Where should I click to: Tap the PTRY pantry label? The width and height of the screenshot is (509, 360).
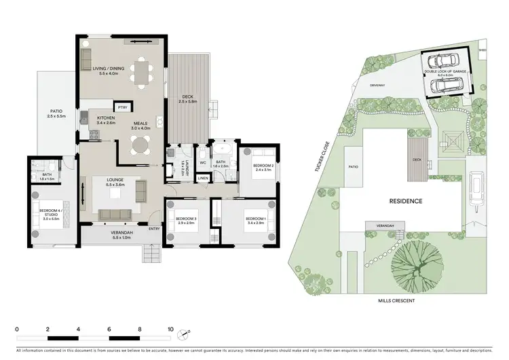tap(123, 107)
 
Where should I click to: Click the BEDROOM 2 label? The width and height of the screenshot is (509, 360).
tap(263, 167)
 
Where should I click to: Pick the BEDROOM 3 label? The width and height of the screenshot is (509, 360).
tap(187, 219)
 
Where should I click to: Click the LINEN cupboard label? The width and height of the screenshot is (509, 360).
tap(203, 179)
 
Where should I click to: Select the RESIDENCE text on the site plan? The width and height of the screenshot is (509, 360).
tap(407, 201)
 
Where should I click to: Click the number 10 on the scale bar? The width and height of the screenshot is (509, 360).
tap(170, 327)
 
